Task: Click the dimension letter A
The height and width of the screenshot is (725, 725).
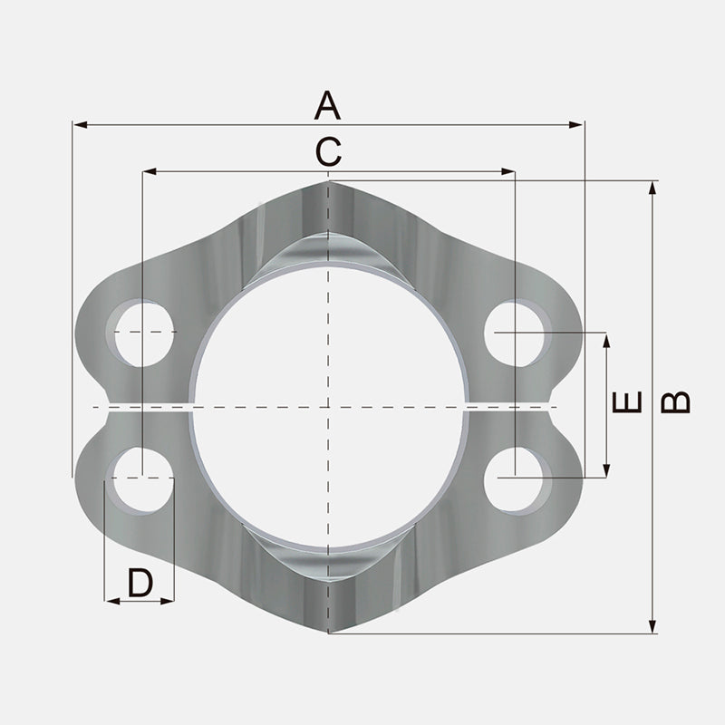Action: tap(327, 105)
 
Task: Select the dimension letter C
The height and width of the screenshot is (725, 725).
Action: tap(328, 151)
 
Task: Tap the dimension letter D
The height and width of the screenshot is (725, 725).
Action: tap(140, 583)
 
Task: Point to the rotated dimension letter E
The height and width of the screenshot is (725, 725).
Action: tap(627, 402)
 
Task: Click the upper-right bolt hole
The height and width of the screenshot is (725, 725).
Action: tap(517, 333)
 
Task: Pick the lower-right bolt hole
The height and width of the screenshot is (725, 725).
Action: tap(517, 478)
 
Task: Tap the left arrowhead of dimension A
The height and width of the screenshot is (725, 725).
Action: tap(79, 124)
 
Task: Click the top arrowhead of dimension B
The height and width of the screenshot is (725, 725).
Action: tap(652, 187)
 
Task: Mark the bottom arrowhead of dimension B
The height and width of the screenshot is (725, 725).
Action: tap(652, 627)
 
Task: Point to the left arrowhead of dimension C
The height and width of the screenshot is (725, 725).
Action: tap(149, 170)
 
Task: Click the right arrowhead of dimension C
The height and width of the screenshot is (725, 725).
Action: tap(509, 170)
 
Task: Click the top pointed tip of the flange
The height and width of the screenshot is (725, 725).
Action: tap(328, 182)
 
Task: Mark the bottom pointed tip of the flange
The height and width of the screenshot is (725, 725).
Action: tap(328, 632)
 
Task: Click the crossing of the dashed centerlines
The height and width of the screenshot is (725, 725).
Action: tap(328, 406)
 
